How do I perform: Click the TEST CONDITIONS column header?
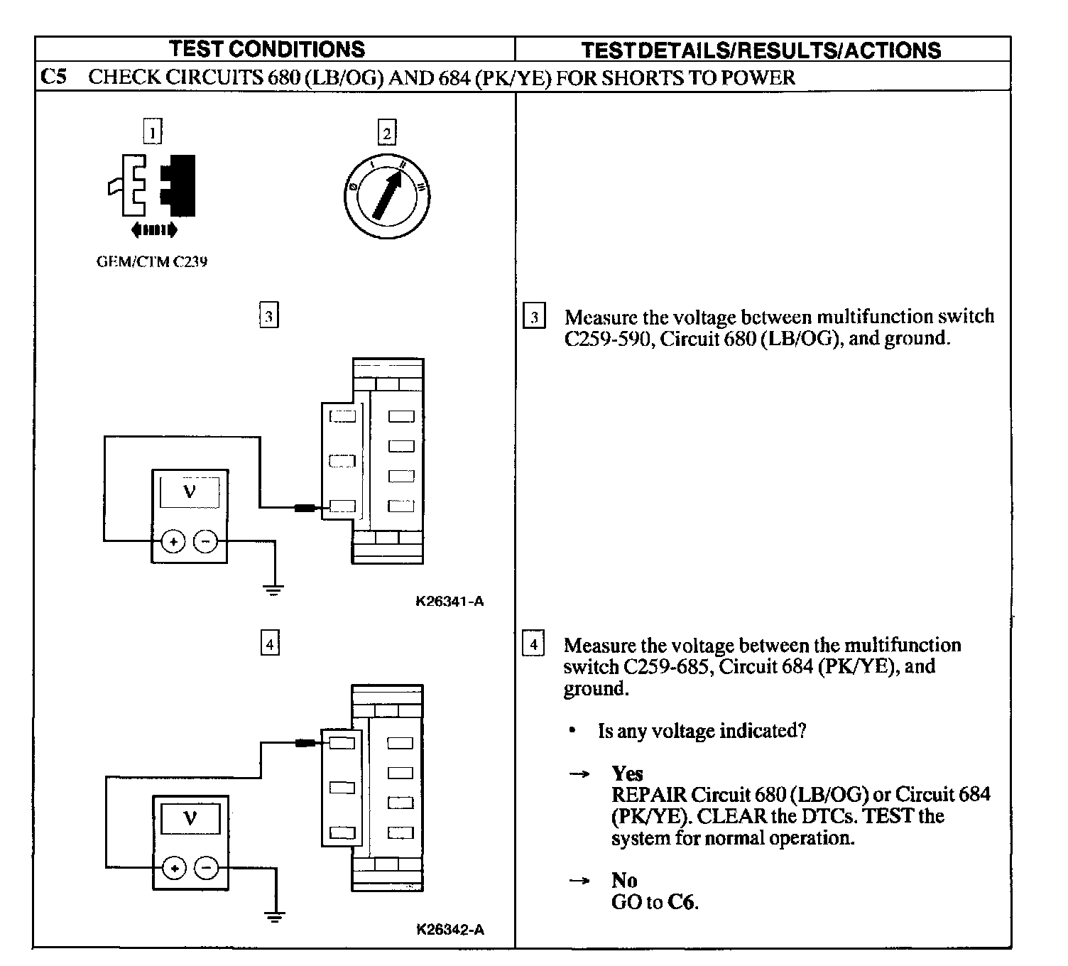tap(267, 49)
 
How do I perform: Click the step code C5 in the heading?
tap(53, 77)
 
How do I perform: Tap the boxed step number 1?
tap(153, 132)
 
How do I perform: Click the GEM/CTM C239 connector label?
tap(152, 261)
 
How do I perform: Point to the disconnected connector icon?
tap(152, 185)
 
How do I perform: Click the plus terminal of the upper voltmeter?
tap(173, 542)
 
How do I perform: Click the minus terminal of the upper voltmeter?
tap(206, 542)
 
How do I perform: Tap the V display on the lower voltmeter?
tap(190, 819)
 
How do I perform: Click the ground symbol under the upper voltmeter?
tap(274, 588)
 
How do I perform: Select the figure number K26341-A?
tap(449, 602)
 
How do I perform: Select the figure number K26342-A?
tap(450, 930)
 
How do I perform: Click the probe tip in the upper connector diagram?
tap(306, 508)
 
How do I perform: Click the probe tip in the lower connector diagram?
tap(306, 744)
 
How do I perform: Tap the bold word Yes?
tap(627, 774)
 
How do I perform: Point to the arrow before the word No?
tap(580, 881)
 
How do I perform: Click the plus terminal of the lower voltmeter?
tap(174, 868)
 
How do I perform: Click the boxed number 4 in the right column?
tap(533, 644)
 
